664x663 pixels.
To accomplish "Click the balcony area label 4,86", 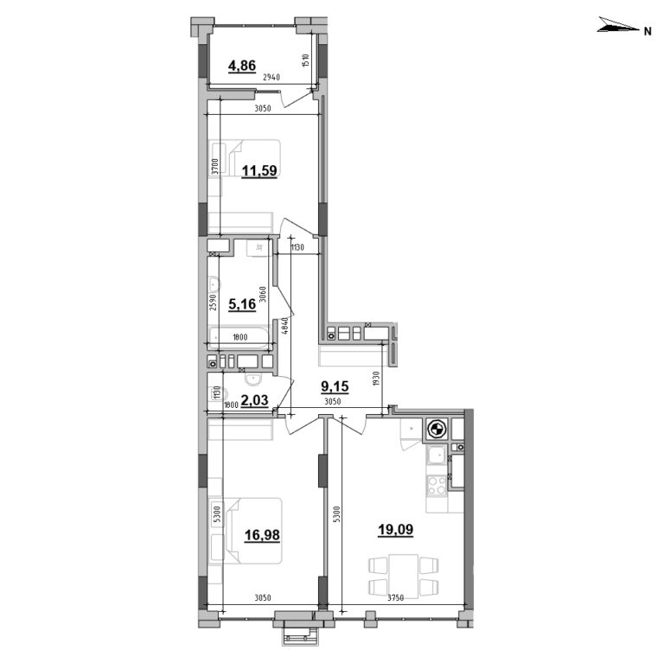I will tap(242, 64).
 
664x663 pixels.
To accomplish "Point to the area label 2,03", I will tap(254, 398).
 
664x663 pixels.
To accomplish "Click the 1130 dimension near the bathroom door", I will tap(297, 248).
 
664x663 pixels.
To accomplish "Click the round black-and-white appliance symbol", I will tap(437, 430).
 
